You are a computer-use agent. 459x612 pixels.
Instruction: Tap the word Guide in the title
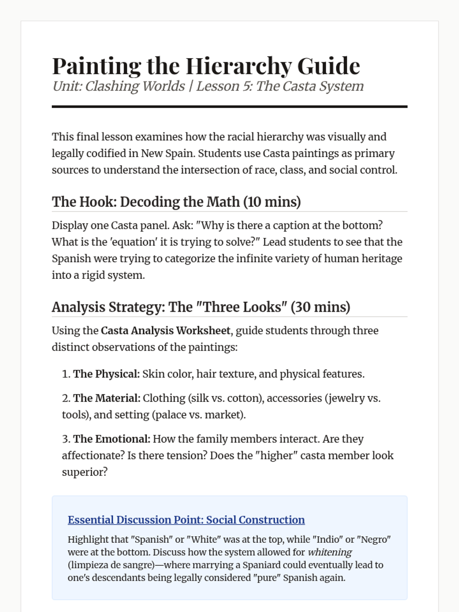tap(329, 66)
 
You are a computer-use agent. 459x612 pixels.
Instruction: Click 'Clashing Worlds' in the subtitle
tap(135, 86)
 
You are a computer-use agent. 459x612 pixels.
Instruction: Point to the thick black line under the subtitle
tap(229, 107)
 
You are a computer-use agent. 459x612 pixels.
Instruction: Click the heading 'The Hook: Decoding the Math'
tap(146, 202)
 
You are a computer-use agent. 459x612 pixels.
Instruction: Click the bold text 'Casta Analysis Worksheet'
tap(166, 330)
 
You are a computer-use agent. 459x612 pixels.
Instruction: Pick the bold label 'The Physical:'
tap(106, 374)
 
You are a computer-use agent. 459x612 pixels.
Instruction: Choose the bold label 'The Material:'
tap(107, 398)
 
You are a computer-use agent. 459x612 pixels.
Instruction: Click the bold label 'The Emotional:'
tap(112, 439)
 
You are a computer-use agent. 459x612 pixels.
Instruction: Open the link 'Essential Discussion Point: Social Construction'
tap(186, 520)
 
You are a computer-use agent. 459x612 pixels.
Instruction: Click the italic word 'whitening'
tap(330, 552)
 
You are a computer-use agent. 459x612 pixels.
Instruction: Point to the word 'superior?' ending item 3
tap(85, 472)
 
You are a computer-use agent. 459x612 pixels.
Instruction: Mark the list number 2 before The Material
tap(65, 398)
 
